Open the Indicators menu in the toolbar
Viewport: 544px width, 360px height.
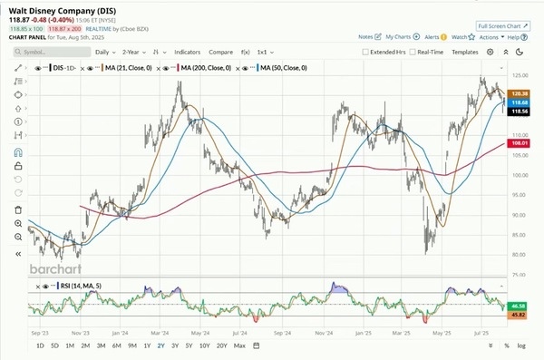pos(188,53)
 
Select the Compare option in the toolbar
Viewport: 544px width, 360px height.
pos(221,53)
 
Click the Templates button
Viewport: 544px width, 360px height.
pos(465,53)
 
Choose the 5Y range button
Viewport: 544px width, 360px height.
pos(189,345)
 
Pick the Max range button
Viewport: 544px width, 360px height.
pos(239,345)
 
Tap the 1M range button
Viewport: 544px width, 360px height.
pos(70,345)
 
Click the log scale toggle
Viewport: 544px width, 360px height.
pos(521,345)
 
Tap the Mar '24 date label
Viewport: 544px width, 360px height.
pos(163,333)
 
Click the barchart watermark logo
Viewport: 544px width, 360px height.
pos(56,268)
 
